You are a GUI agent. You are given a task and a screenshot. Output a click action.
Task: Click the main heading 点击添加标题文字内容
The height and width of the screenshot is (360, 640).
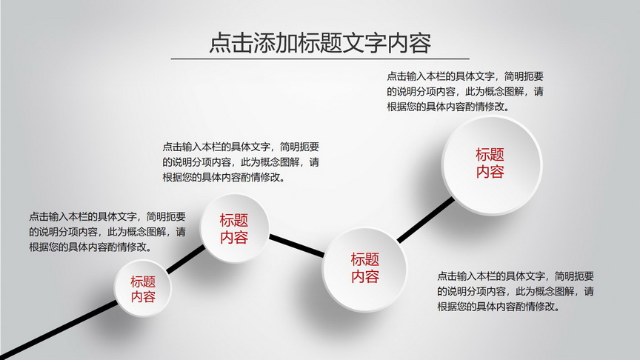320,42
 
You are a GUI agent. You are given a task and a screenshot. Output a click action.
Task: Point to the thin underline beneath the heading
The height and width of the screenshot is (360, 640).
320,59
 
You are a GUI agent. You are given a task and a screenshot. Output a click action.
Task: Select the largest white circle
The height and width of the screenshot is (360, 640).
492,165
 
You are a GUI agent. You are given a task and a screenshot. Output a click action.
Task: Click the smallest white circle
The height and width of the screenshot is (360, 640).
142,288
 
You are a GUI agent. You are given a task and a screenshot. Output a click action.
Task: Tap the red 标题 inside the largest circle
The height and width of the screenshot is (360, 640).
490,155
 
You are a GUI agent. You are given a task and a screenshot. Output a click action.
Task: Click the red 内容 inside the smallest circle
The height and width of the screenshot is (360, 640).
143,296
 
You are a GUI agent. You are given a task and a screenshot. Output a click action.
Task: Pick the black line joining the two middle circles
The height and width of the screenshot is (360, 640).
297,246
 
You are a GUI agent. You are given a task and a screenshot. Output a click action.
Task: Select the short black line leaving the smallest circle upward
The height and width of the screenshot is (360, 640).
186,259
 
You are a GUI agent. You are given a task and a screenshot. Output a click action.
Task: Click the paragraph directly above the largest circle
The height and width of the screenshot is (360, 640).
465,91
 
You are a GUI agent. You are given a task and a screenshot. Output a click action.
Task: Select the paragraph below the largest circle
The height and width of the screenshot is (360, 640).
516,291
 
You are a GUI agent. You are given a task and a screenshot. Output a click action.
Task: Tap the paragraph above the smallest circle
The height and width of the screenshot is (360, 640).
107,231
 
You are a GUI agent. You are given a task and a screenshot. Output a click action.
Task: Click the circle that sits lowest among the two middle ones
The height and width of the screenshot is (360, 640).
364,270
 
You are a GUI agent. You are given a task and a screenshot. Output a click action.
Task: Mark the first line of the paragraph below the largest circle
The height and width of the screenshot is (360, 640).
516,276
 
